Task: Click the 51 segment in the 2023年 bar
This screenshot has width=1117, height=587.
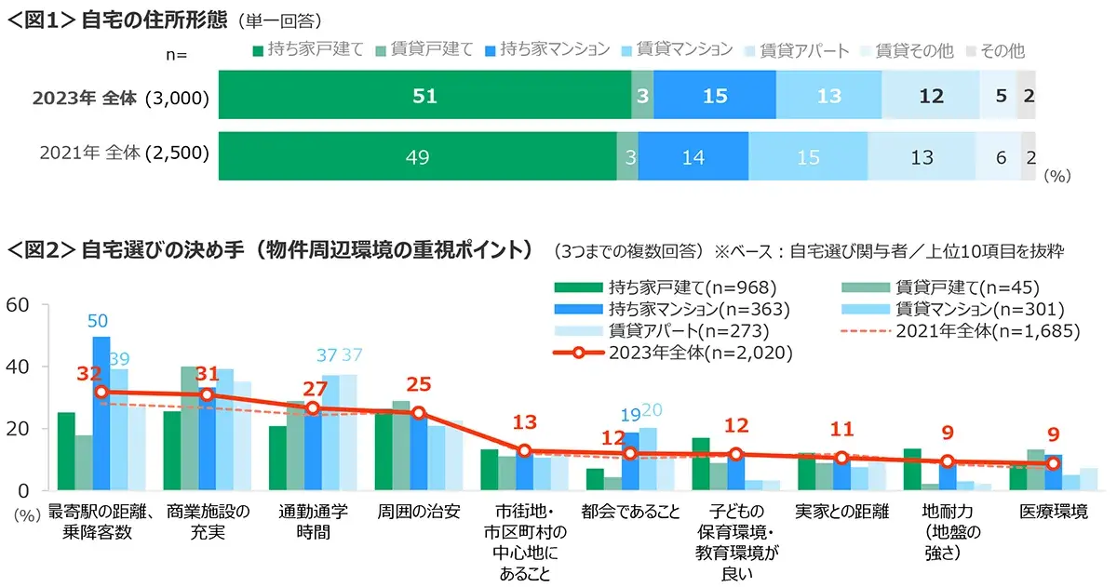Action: (x=424, y=96)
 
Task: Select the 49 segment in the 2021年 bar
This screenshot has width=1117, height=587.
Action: (x=418, y=157)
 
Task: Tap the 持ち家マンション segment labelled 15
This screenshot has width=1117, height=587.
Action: (x=715, y=96)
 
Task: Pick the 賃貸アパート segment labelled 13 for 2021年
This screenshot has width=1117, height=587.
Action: (x=922, y=157)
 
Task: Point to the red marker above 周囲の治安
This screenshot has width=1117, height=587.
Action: (x=418, y=413)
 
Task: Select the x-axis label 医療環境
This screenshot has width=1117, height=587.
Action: (x=1053, y=513)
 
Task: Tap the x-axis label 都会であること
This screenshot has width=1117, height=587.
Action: (x=630, y=513)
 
